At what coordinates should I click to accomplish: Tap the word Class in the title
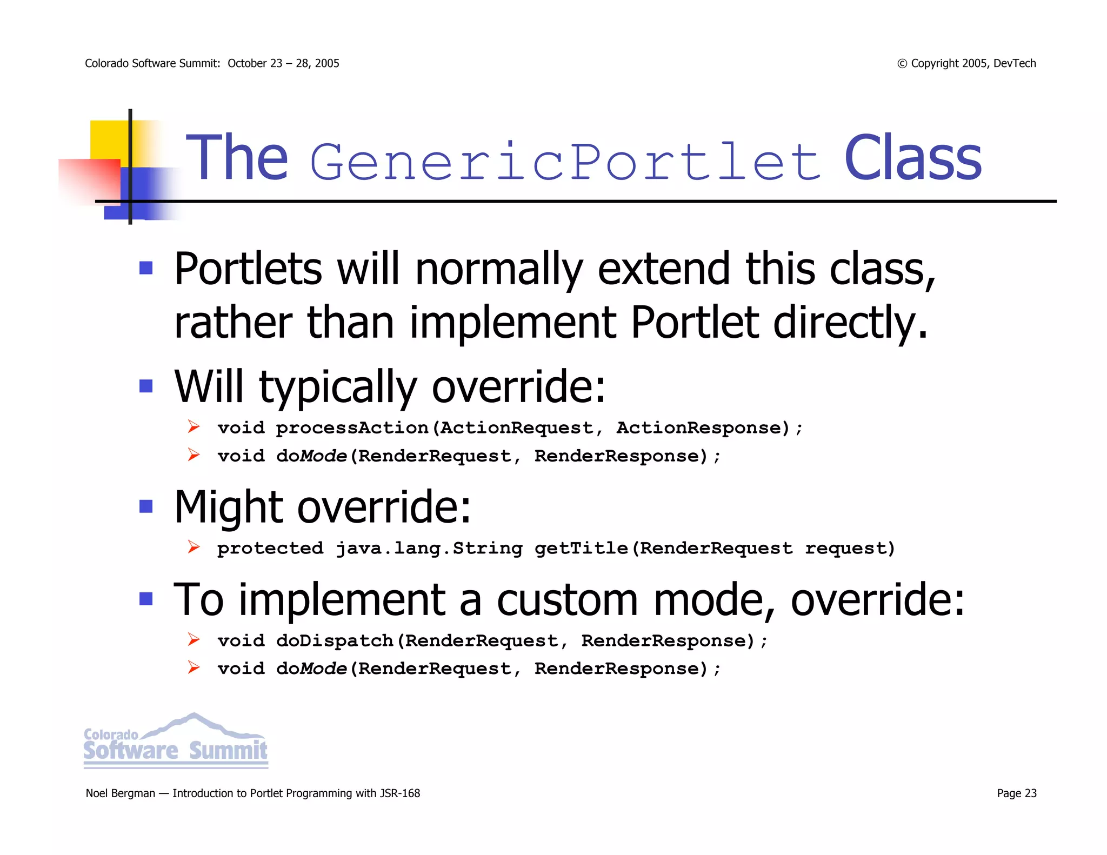coord(912,159)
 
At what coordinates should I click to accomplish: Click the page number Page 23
coord(1016,793)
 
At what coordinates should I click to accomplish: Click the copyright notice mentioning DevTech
coord(966,63)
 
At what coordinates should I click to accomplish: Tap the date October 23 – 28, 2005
coord(283,63)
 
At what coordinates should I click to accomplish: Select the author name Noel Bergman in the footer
coord(120,793)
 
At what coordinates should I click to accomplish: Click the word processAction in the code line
coord(352,428)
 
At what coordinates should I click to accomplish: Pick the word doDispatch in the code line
coord(335,640)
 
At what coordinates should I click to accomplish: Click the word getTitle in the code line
coord(581,548)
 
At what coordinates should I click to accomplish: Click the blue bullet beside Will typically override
coord(146,386)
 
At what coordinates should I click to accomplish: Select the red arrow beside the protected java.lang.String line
coord(194,547)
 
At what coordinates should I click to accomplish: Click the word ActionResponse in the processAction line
coord(699,428)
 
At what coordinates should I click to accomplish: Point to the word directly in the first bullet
coord(850,323)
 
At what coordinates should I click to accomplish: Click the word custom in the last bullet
coord(567,600)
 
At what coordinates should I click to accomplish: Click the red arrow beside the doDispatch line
coord(194,640)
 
